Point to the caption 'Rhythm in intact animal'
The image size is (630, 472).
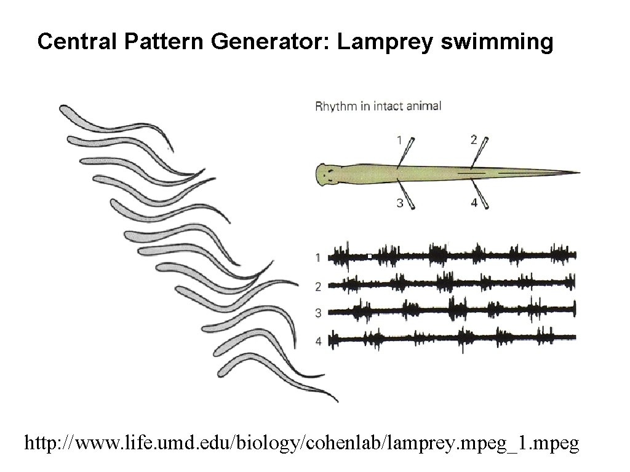[x=378, y=106]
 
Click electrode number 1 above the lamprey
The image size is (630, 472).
[x=399, y=140]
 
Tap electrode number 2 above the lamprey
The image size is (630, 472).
[x=474, y=140]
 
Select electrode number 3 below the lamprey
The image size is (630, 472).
[x=400, y=203]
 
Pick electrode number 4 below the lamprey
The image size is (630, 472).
[x=474, y=203]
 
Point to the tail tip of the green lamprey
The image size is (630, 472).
[x=577, y=172]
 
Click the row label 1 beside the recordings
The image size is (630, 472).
[x=318, y=258]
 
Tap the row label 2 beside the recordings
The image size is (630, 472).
[x=318, y=286]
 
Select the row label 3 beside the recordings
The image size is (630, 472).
[x=318, y=313]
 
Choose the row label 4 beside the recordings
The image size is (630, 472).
[x=318, y=340]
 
